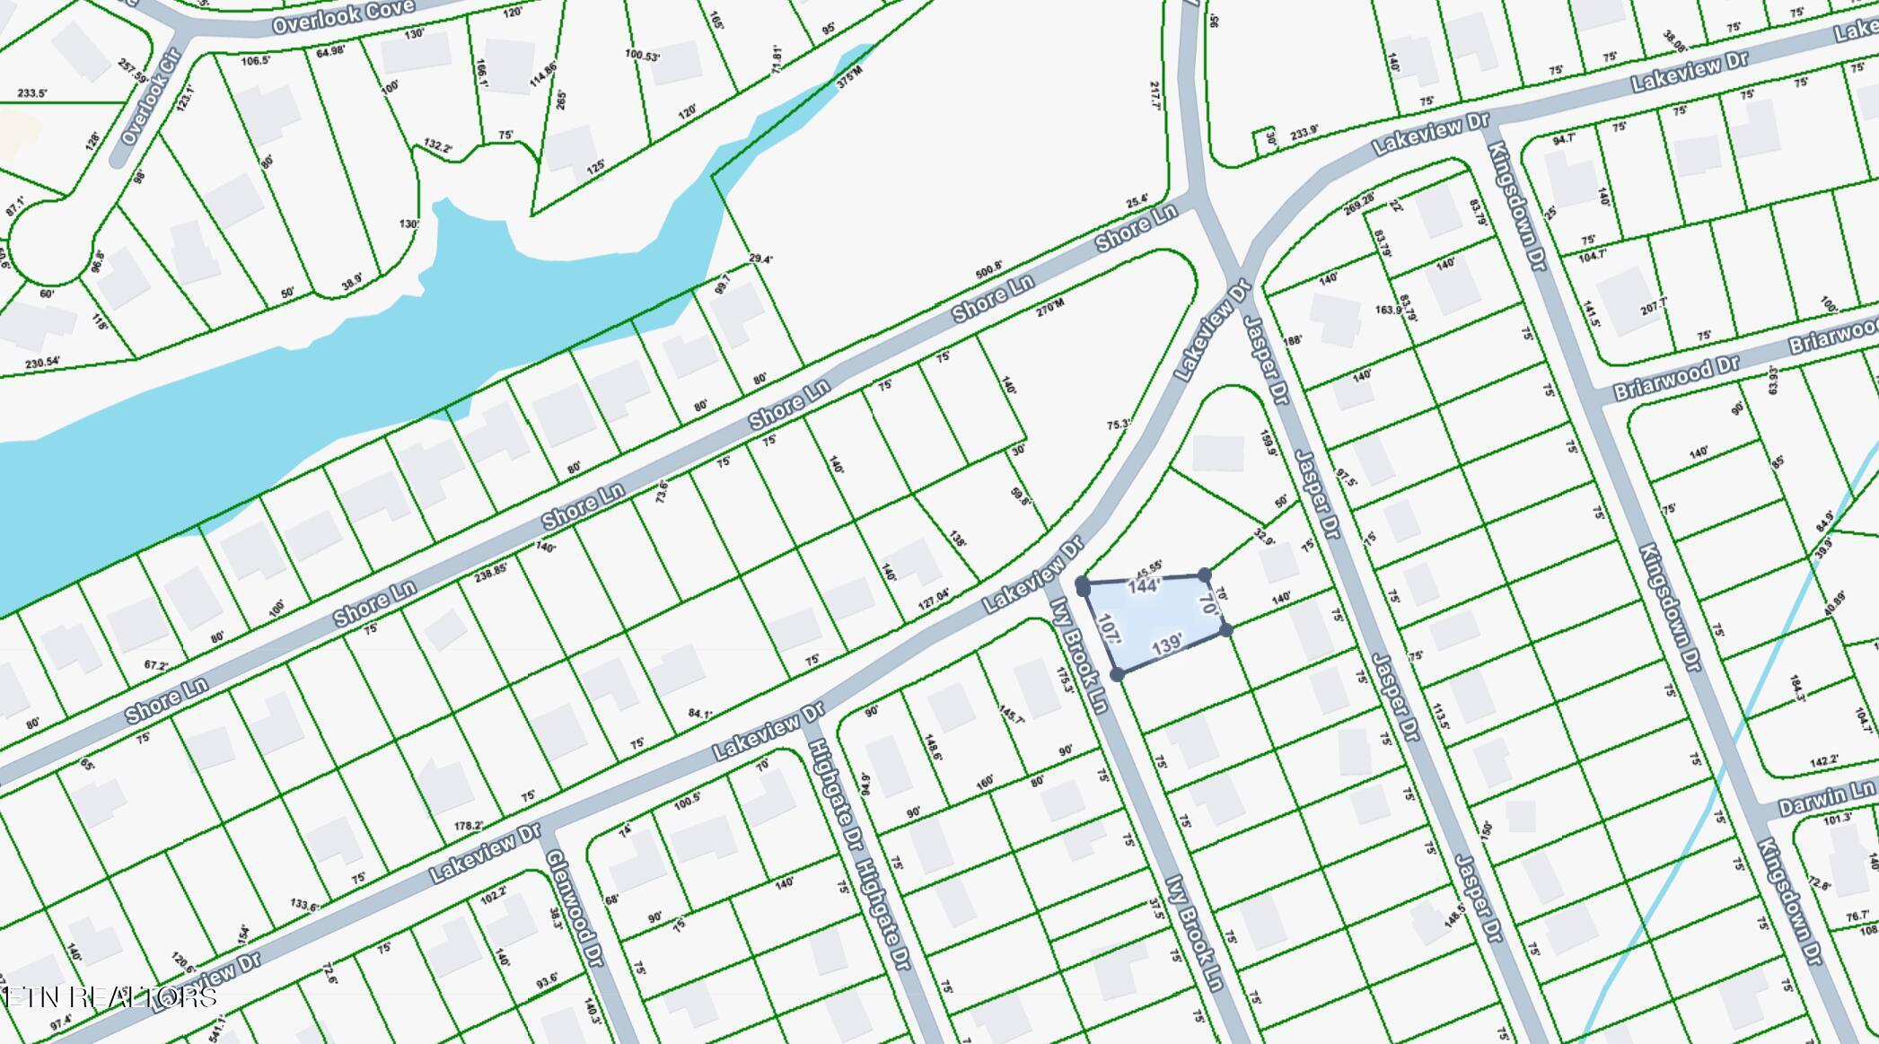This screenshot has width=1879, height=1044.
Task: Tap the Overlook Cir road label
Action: click(151, 96)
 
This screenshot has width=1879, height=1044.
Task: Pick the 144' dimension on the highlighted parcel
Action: click(1145, 587)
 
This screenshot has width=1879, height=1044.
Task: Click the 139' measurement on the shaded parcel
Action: click(1166, 645)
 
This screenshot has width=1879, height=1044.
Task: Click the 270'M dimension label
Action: click(1050, 308)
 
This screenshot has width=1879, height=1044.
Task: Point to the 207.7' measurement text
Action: click(1654, 306)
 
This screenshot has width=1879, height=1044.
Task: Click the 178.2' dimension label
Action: click(469, 826)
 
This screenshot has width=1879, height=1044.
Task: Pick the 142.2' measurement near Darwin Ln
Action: click(1823, 761)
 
